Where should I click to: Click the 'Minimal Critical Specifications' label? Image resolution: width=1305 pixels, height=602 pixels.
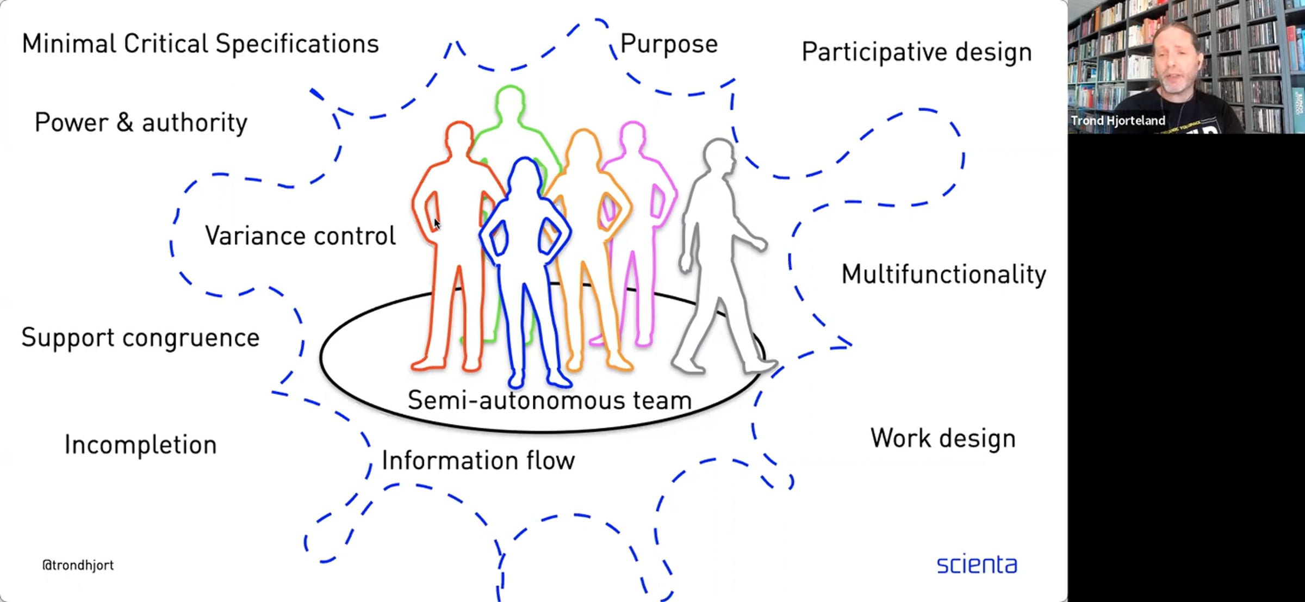pos(200,44)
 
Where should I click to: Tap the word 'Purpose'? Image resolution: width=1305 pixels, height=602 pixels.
pos(668,44)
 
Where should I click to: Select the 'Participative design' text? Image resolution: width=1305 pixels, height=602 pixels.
pos(916,52)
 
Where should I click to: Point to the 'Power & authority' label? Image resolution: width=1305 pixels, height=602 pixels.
pos(141,122)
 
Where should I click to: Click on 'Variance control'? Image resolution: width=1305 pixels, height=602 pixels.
pos(300,236)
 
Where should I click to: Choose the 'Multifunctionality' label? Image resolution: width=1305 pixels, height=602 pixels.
pos(943,274)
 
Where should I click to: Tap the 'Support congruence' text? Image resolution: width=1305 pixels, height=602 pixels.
pos(140,338)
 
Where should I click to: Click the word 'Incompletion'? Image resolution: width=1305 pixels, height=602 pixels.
pos(140,445)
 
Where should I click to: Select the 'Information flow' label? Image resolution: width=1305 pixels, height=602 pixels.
pos(478,461)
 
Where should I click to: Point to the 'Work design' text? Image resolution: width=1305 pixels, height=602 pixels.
pos(942,438)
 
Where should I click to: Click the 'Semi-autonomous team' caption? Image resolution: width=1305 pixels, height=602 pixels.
pos(549,401)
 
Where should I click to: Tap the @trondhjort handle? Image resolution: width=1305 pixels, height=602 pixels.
pos(78,566)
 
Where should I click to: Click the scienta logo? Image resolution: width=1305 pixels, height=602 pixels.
pos(977,564)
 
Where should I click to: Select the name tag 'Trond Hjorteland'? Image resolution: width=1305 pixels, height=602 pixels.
pos(1118,121)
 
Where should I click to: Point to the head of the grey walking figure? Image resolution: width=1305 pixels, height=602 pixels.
pos(719,154)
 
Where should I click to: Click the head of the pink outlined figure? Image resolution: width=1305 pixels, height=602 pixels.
pos(632,136)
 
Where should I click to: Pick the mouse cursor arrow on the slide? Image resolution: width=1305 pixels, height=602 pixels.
pos(437,224)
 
